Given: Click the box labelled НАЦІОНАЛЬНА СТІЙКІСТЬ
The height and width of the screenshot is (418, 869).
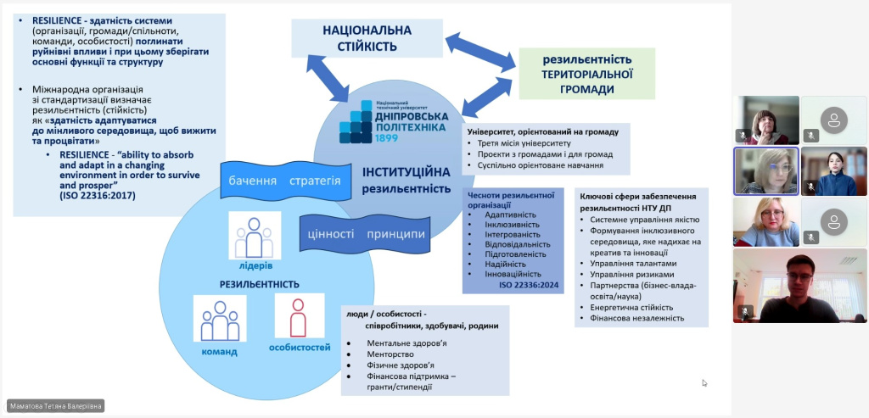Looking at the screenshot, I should coord(367,38).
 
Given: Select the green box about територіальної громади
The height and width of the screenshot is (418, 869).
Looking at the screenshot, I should coord(587,74).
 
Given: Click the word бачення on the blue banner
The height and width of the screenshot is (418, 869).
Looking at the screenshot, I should coord(254,181).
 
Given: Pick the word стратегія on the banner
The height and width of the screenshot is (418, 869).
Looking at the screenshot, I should coord(314,181).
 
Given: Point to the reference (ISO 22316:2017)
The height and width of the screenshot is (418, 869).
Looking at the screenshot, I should coord(98,196).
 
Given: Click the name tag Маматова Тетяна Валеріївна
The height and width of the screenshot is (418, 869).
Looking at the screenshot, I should coord(55,406).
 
